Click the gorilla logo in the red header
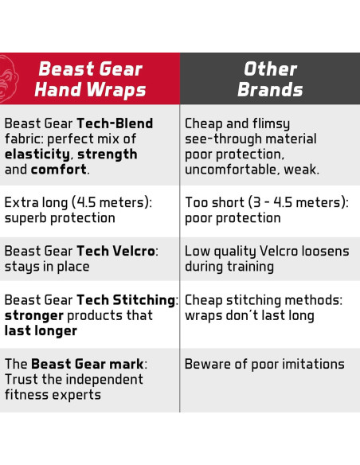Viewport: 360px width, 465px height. click(x=8, y=79)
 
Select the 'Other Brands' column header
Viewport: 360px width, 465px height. click(x=270, y=79)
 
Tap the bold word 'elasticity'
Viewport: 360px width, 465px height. click(x=37, y=154)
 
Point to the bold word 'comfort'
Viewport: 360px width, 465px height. click(x=59, y=170)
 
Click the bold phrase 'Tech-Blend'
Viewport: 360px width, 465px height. click(x=115, y=124)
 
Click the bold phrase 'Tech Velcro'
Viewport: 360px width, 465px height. click(x=116, y=252)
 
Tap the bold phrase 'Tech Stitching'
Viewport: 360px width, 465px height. click(x=126, y=300)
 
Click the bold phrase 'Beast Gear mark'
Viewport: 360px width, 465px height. click(x=88, y=365)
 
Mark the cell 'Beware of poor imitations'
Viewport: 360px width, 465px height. click(x=264, y=365)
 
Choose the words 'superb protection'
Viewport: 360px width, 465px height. click(x=60, y=218)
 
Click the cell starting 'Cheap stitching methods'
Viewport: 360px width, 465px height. click(x=264, y=307)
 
